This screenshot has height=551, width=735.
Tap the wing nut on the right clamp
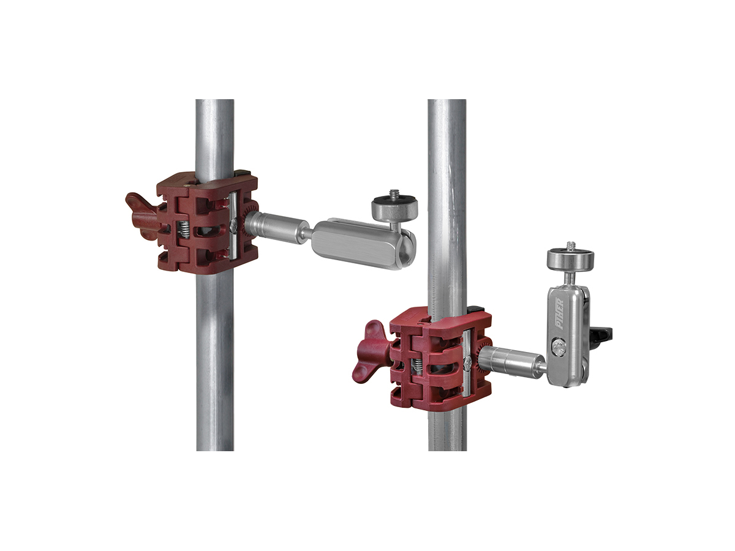(x=371, y=352)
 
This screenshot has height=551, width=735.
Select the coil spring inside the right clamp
(x=417, y=365)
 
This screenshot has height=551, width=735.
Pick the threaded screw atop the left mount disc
(x=393, y=194)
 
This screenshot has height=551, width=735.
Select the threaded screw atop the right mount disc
(x=570, y=247)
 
